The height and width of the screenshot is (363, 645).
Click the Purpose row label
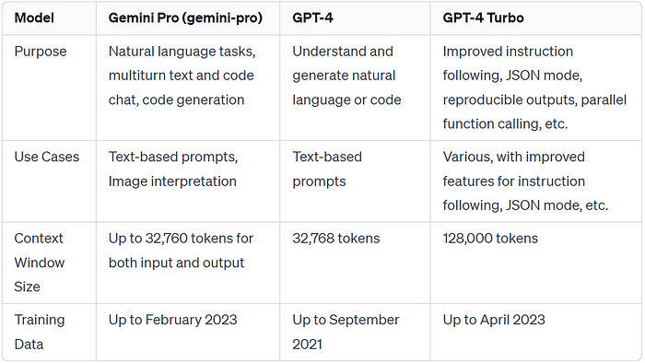(x=41, y=52)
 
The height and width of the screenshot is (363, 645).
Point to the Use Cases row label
(x=46, y=157)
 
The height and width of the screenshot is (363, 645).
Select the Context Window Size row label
(x=40, y=262)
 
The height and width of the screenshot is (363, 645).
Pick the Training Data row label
(x=40, y=331)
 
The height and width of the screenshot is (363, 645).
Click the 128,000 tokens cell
(x=490, y=239)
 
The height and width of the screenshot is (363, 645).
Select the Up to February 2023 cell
(x=173, y=320)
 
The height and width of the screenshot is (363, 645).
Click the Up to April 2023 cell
(x=493, y=320)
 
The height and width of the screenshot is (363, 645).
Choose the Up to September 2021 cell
(x=346, y=331)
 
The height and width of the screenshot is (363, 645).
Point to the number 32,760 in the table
(x=172, y=239)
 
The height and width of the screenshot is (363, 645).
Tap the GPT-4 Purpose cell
(x=346, y=76)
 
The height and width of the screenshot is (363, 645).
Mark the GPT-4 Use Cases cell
(x=327, y=169)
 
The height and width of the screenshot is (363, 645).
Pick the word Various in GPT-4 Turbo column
(x=465, y=157)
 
